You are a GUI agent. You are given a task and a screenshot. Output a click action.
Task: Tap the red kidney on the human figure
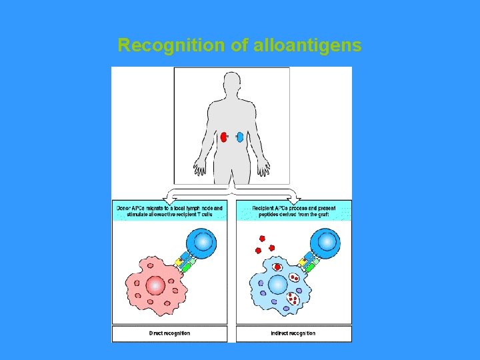click(224, 138)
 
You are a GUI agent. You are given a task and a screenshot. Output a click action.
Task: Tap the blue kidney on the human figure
click(240, 138)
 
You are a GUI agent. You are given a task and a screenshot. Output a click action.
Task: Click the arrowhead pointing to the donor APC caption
click(170, 197)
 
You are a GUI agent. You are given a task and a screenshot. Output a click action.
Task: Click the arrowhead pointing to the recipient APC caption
click(294, 197)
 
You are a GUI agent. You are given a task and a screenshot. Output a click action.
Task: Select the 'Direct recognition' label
click(169, 333)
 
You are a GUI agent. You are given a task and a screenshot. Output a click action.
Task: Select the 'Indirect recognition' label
click(293, 333)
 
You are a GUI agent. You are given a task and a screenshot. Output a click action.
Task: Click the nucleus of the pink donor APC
click(155, 285)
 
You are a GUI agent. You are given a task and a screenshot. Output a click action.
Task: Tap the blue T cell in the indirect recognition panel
click(327, 243)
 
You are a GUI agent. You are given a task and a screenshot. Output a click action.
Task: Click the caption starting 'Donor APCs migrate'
click(169, 211)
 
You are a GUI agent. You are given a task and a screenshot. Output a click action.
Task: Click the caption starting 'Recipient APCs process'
click(293, 211)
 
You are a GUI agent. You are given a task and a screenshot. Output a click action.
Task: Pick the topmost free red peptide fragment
click(262, 237)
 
